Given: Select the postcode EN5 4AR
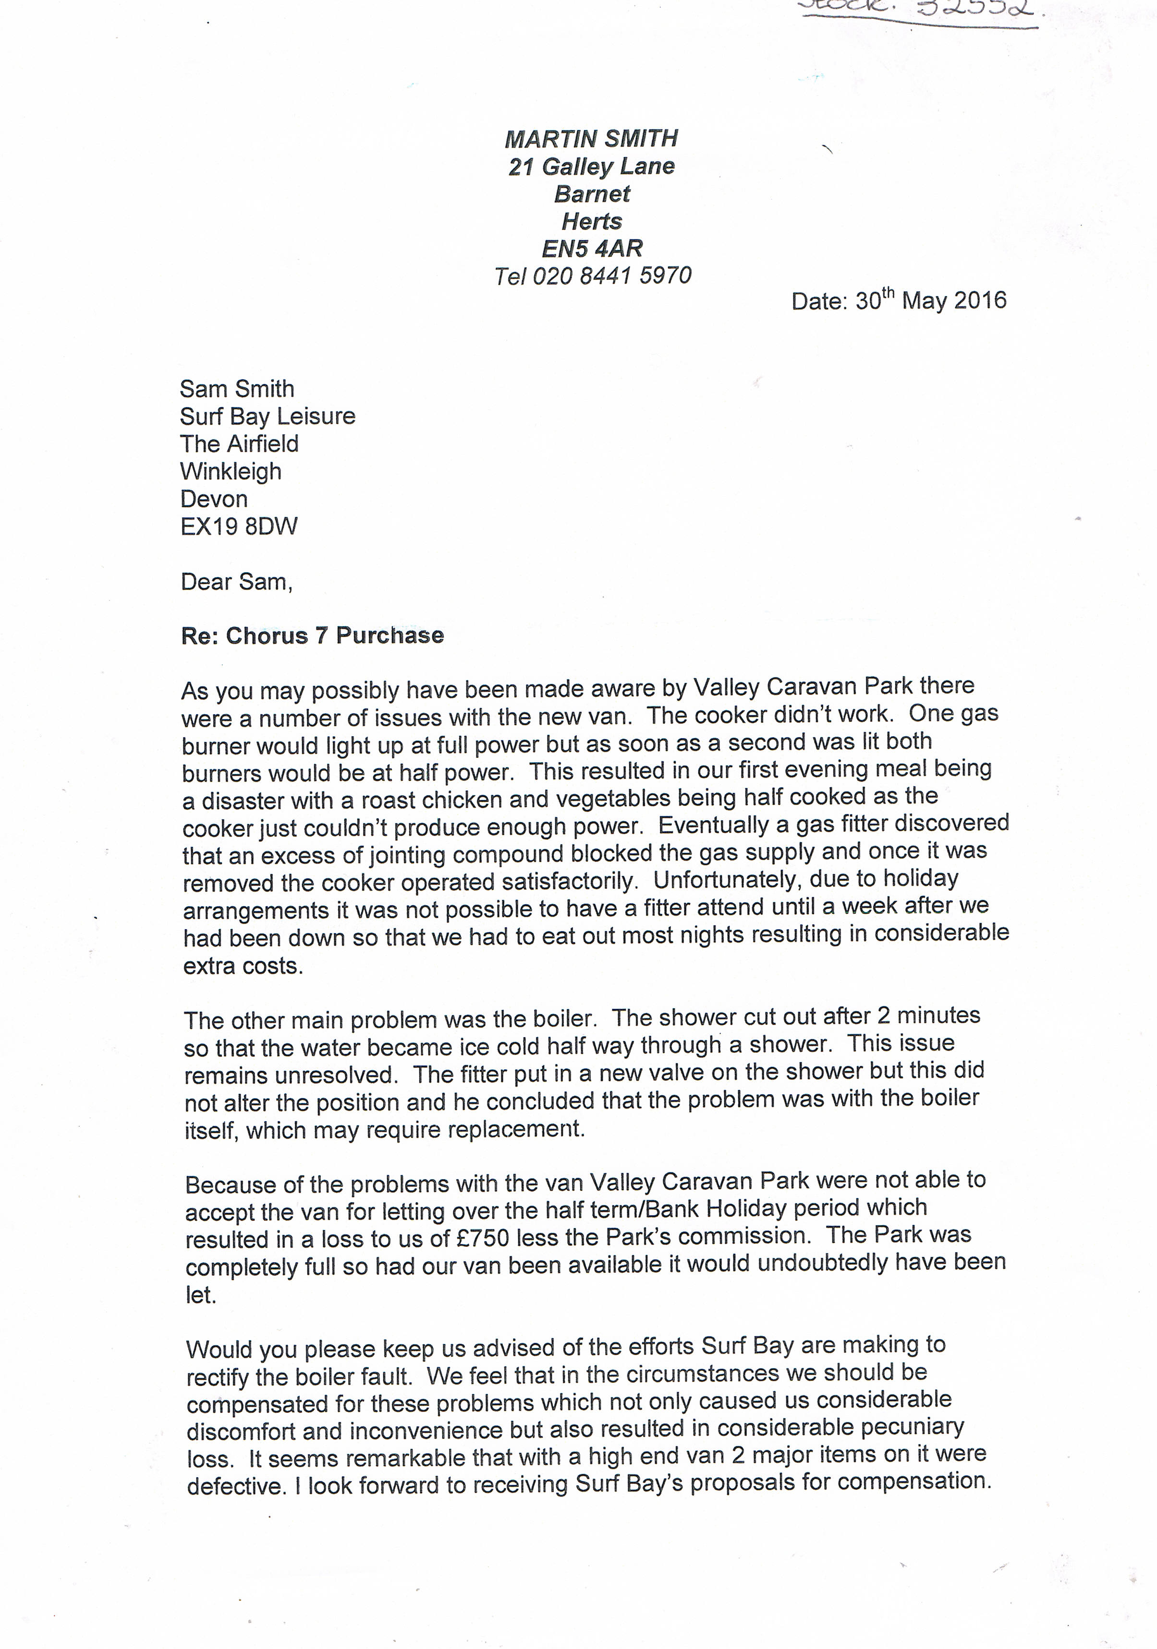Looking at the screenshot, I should (x=591, y=249).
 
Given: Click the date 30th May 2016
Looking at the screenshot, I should (x=931, y=300).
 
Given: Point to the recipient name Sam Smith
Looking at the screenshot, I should (x=237, y=389).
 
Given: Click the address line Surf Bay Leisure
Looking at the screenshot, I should (x=268, y=417).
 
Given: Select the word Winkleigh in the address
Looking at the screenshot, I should (x=231, y=472).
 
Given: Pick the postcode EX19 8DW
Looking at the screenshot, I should (x=239, y=527).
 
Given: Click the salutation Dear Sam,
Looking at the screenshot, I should (x=236, y=582).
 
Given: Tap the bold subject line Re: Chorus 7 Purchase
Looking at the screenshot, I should (x=313, y=635).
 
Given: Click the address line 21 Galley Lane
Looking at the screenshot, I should (x=591, y=167).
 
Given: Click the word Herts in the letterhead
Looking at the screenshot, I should (x=591, y=221).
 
